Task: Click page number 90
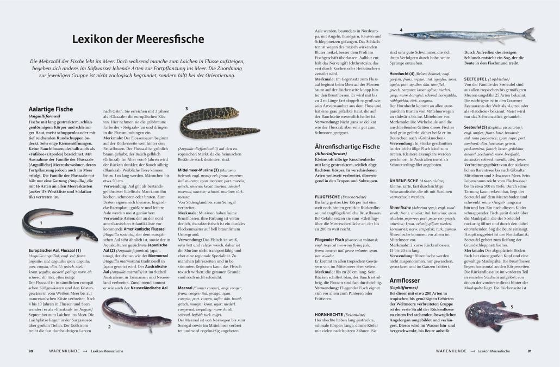tap(31, 351)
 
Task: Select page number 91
tap(529, 351)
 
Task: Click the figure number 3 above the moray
tap(186, 109)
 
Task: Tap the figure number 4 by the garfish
tap(401, 30)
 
